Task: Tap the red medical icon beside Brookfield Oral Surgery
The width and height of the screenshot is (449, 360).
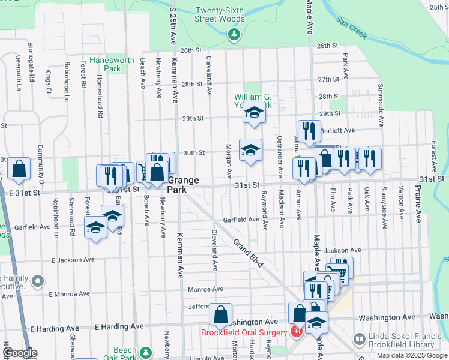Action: (296, 332)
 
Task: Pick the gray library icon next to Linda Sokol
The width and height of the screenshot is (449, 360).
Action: (359, 340)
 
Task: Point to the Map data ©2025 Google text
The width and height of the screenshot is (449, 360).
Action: (412, 355)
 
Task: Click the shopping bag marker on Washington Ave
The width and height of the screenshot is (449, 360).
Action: (221, 313)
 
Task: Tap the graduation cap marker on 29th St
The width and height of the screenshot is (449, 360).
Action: (254, 112)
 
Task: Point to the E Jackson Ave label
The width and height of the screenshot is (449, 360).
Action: (73, 260)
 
